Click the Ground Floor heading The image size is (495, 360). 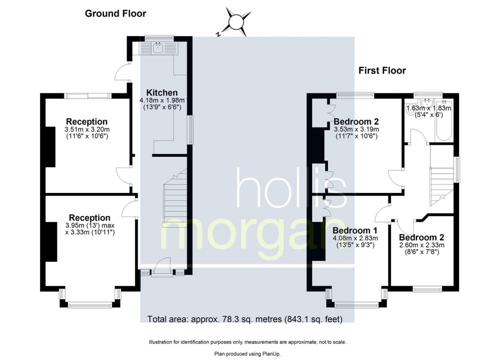point(116,13)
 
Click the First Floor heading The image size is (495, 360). point(382,70)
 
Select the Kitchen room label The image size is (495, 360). point(162,93)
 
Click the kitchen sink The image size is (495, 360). point(157,48)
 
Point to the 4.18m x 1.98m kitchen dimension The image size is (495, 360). point(162,100)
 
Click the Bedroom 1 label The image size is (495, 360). point(355,230)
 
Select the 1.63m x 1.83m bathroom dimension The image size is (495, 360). point(429,108)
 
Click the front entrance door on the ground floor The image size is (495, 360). point(162,267)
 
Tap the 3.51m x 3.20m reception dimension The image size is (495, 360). point(87,130)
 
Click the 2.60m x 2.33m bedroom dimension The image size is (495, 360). point(422,245)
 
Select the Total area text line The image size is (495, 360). point(245,319)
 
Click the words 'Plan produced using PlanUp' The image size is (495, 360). point(247,354)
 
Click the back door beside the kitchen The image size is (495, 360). point(122,72)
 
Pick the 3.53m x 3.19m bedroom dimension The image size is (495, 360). point(356,129)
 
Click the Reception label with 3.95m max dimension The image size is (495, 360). point(90,218)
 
